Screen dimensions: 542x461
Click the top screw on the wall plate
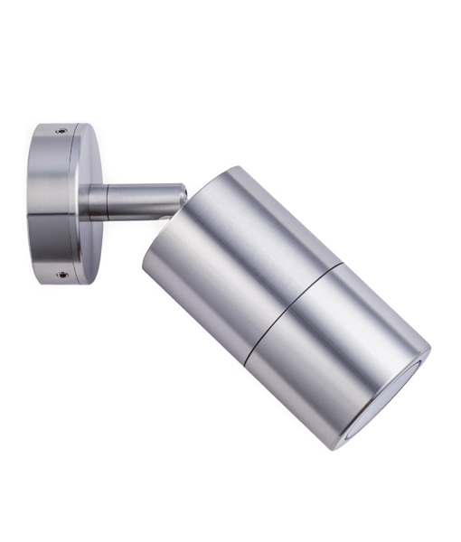[61, 131]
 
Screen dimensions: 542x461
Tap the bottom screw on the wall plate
[61, 274]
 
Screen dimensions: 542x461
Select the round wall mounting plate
[63, 202]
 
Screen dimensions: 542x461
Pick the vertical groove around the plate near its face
[77, 202]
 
